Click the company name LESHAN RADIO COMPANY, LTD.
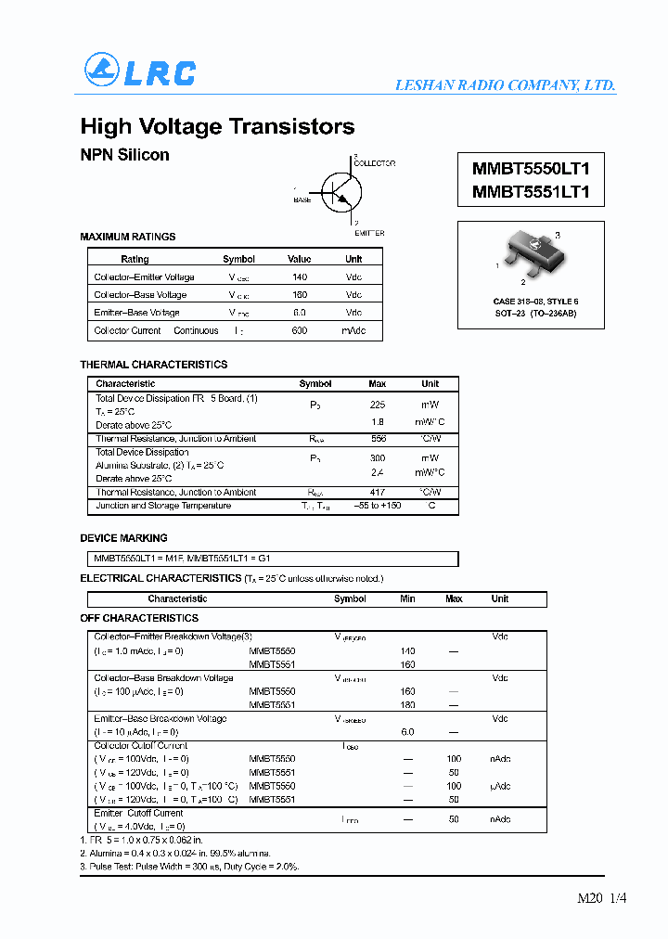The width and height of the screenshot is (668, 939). click(x=505, y=85)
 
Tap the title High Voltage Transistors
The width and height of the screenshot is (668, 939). click(x=217, y=127)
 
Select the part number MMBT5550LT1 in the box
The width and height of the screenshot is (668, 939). click(x=531, y=169)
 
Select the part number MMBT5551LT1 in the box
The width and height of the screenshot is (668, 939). click(x=531, y=192)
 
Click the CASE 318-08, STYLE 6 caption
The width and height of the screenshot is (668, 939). click(x=535, y=302)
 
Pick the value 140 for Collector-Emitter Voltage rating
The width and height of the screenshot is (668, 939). click(x=299, y=277)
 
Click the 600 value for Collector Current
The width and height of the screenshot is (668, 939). click(x=299, y=330)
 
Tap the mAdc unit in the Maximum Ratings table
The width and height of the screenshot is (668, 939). click(x=353, y=330)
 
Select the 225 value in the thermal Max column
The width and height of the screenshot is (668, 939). click(x=378, y=405)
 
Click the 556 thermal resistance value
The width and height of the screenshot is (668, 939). click(x=378, y=439)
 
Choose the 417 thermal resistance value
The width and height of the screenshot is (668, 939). click(x=378, y=493)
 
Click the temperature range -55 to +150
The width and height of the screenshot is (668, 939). click(x=377, y=506)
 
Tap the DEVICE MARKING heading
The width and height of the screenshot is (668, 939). click(x=123, y=538)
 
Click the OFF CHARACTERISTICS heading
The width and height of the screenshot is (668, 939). click(x=139, y=618)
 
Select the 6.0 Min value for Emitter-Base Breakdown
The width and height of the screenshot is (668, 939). click(x=406, y=732)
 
